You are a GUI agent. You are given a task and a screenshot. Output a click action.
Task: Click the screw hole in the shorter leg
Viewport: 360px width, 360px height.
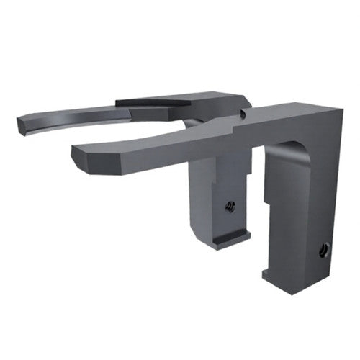[230, 207]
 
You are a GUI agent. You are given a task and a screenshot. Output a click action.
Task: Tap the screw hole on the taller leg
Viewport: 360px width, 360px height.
[323, 251]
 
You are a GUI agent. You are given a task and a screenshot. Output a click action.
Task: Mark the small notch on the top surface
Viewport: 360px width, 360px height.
[244, 113]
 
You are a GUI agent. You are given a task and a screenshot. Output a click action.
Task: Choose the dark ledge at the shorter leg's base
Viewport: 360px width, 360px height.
[230, 236]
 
